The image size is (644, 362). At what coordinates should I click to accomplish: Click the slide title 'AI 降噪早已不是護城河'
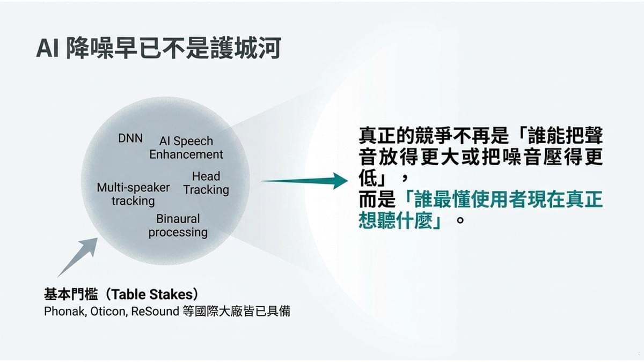click(158, 48)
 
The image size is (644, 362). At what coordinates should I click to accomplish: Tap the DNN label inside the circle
click(130, 138)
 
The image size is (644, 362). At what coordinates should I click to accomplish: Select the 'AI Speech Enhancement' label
click(186, 147)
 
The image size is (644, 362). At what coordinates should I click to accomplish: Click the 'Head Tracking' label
click(206, 183)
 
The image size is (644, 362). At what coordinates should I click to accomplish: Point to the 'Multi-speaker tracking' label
click(133, 194)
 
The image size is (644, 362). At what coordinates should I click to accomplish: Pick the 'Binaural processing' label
click(178, 226)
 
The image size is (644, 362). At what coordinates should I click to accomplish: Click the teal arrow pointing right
click(304, 181)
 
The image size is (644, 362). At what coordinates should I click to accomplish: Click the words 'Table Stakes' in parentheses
click(152, 294)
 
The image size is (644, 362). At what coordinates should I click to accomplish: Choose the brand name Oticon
click(108, 311)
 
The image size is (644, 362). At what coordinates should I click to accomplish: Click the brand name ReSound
click(155, 311)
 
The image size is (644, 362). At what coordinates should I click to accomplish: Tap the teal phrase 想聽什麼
click(396, 220)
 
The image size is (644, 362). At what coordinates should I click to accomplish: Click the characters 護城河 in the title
click(245, 48)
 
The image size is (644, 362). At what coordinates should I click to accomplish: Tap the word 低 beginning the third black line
click(368, 178)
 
